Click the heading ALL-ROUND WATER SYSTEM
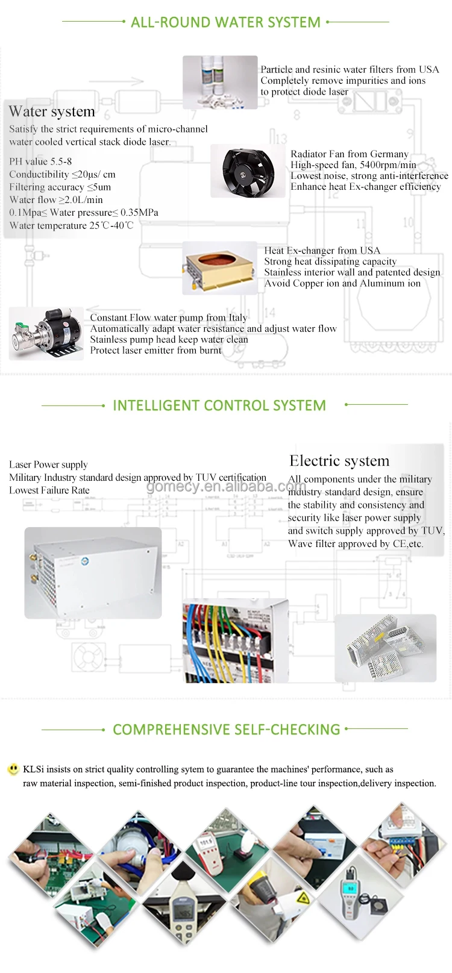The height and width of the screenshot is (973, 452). point(225,22)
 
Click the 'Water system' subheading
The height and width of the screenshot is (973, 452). point(52,111)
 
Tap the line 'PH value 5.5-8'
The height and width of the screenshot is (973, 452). point(40,161)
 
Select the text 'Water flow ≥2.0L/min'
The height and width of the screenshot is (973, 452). point(56,199)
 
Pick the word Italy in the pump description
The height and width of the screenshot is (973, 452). point(237,318)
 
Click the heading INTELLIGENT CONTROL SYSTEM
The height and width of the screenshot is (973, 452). point(219,405)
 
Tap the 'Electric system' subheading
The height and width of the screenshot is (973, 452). point(339,461)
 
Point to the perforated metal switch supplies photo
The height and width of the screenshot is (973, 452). point(385,648)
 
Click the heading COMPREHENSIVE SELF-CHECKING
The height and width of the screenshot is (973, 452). point(227,730)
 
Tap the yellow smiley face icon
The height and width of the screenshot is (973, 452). point(13,769)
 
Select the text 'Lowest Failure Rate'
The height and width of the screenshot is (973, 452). point(49,490)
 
